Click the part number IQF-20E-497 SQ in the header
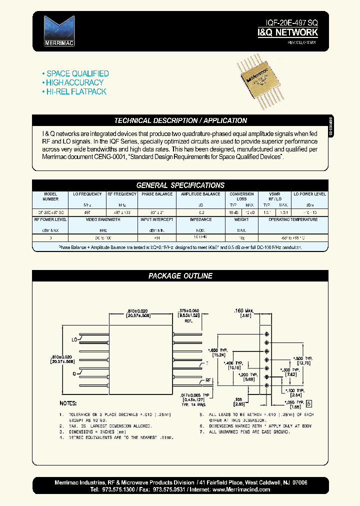(x=291, y=23)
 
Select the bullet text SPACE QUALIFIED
(x=77, y=73)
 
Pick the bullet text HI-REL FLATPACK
(x=76, y=91)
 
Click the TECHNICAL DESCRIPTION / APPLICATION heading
(x=180, y=120)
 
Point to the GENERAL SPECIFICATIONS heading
(x=180, y=185)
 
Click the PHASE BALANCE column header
(x=157, y=194)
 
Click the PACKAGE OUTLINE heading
(x=180, y=276)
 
